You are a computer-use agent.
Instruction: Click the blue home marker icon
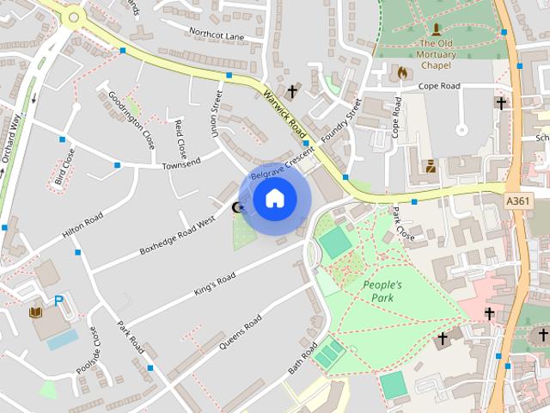(x=274, y=198)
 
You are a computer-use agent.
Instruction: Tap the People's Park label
(x=382, y=291)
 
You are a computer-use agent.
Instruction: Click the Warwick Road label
(x=285, y=116)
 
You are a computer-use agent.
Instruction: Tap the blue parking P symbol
(x=58, y=301)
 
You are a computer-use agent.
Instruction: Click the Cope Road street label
(x=439, y=86)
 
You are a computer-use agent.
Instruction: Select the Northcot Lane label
(x=217, y=35)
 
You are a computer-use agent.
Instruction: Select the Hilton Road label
(x=82, y=225)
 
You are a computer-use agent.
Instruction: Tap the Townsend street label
(x=181, y=162)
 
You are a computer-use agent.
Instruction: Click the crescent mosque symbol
(x=238, y=206)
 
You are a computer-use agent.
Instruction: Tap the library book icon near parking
(x=36, y=311)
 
